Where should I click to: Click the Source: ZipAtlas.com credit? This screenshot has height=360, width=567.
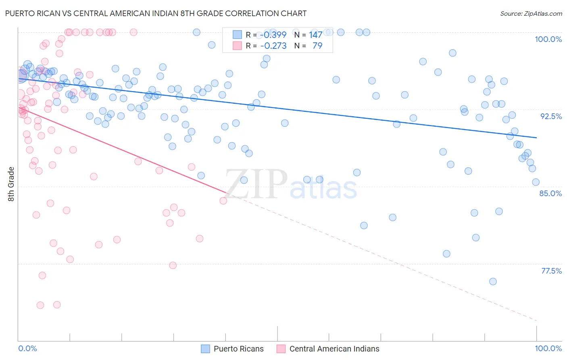click(531, 14)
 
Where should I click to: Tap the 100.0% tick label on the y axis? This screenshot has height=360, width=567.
click(548, 39)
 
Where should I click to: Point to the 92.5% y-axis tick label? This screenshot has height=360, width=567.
click(551, 116)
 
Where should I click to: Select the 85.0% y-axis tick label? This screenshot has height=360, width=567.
click(550, 193)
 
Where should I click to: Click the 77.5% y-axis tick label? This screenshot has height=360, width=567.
click(551, 271)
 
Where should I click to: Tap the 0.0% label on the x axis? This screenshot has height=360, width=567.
click(27, 349)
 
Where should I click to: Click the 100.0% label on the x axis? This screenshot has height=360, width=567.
click(548, 349)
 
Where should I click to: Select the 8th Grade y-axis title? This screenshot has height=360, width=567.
click(11, 184)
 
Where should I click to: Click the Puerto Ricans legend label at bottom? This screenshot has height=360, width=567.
click(238, 349)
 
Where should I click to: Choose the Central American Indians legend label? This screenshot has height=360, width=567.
click(334, 349)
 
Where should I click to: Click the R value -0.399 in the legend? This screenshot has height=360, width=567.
click(273, 35)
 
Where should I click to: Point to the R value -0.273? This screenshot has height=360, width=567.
click(273, 46)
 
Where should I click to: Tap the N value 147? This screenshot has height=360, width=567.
click(316, 35)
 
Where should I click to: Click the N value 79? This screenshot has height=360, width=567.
click(317, 46)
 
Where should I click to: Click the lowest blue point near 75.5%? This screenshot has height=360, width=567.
click(493, 281)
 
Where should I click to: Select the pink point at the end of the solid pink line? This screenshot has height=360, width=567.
click(223, 201)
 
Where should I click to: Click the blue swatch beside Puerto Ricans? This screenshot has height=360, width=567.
click(205, 349)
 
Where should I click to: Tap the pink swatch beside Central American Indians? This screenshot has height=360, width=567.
click(281, 349)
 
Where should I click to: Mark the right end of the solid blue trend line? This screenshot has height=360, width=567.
click(536, 138)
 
